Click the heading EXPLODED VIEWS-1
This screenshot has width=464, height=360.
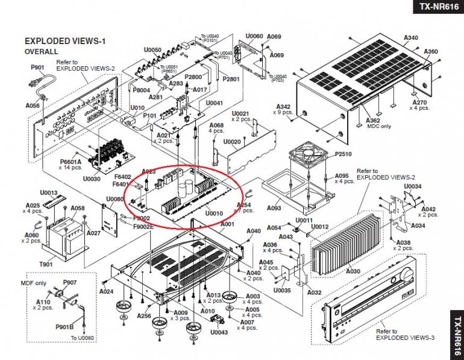[x=64, y=41]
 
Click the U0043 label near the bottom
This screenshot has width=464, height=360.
[x=219, y=332]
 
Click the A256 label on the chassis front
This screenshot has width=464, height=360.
[x=144, y=315]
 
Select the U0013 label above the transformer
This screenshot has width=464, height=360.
[x=49, y=192]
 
